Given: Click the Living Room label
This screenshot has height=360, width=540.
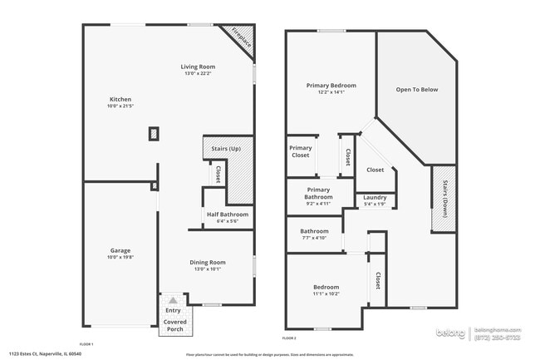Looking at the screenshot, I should (199, 67).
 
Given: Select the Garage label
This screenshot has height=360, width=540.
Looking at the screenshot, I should (120, 250).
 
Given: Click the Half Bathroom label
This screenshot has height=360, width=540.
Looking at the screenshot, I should (228, 215).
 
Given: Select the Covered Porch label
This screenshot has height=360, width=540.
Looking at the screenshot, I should (174, 324).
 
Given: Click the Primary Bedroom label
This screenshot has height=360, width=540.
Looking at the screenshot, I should (331, 86).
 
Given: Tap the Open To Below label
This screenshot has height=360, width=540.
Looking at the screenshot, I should (416, 89).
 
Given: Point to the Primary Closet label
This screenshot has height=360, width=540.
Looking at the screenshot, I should (300, 151).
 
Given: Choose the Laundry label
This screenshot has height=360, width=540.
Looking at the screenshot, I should (375, 197).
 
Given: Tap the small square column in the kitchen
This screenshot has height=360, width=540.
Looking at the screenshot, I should (154, 133).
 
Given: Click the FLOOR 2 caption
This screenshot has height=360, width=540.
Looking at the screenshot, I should (289, 338).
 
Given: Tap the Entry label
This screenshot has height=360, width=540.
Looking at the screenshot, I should (173, 310).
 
